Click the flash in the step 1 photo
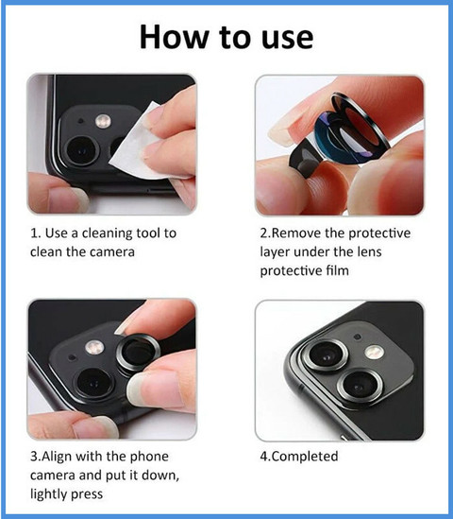pyautogui.click(x=103, y=121)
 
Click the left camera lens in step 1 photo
pyautogui.click(x=81, y=150)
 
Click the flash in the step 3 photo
pyautogui.click(x=94, y=348)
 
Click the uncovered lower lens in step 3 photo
pyautogui.click(x=93, y=382)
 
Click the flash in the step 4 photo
pyautogui.click(x=375, y=353)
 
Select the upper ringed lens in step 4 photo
pyautogui.click(x=327, y=355)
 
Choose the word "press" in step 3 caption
pyautogui.click(x=87, y=494)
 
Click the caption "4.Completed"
pyautogui.click(x=299, y=457)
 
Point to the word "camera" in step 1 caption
pyautogui.click(x=112, y=252)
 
